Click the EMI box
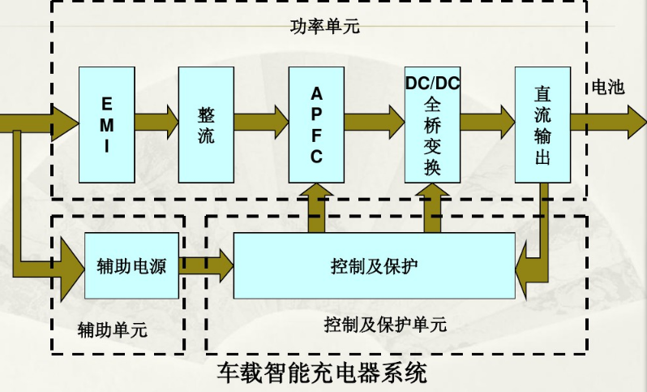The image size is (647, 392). tap(106, 124)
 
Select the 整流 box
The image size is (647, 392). tap(206, 124)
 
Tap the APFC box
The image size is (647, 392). tap(316, 124)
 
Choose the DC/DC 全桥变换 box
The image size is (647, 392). tap(432, 124)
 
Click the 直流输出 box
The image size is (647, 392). tap(542, 124)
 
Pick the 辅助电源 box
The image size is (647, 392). tap(131, 265)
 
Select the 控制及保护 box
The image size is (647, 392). tap(375, 265)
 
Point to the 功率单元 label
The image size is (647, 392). tap(324, 27)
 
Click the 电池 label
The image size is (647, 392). tap(608, 88)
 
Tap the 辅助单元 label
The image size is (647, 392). tap(113, 330)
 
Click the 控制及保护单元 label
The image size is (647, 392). tap(385, 325)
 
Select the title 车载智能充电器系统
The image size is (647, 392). tap(322, 374)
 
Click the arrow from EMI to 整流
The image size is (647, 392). tap(156, 123)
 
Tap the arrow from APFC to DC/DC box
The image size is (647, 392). tap(374, 123)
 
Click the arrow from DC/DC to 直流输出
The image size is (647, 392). tap(486, 123)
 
